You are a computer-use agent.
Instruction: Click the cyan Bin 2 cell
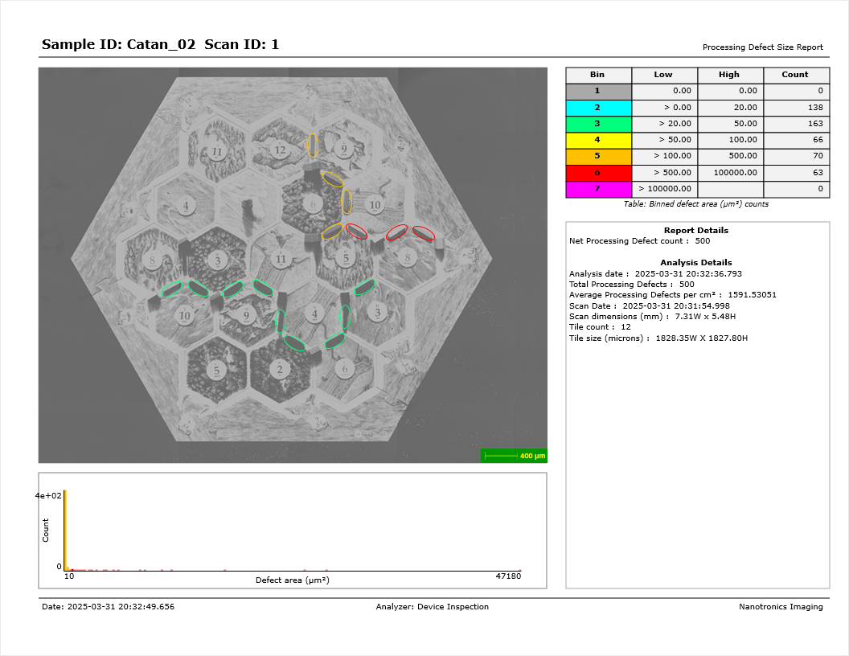click(598, 108)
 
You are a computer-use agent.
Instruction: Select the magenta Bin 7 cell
click(598, 189)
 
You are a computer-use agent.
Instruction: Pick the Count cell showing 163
click(797, 124)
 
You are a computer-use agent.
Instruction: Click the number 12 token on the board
click(280, 150)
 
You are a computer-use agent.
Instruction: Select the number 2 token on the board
click(280, 370)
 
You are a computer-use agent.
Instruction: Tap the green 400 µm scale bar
click(514, 456)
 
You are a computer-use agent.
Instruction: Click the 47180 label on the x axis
click(508, 576)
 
